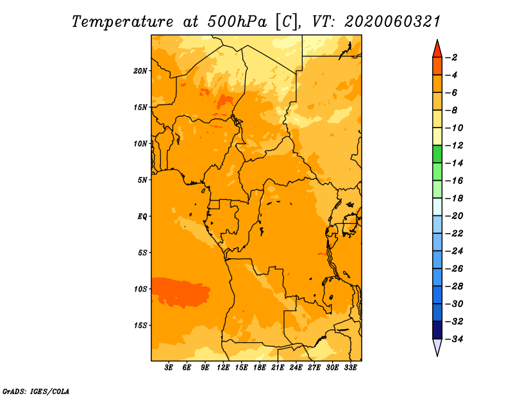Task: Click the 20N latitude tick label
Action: click(140, 71)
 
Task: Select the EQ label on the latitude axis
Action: click(142, 217)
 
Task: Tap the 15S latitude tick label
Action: click(140, 326)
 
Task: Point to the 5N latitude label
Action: click(142, 180)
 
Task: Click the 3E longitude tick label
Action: click(169, 367)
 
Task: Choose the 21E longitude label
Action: click(278, 367)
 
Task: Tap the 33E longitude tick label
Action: click(350, 367)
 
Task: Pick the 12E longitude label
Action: click(223, 367)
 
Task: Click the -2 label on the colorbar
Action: click(452, 58)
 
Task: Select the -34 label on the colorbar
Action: click(455, 339)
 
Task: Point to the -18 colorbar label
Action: click(455, 199)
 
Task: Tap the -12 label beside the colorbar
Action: click(455, 145)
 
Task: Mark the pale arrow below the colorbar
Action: click(437, 346)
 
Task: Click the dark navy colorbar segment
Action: click(437, 330)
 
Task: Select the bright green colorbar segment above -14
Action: click(437, 154)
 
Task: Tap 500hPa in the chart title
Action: click(237, 22)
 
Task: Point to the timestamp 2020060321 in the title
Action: click(392, 22)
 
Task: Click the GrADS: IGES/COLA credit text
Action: click(36, 391)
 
